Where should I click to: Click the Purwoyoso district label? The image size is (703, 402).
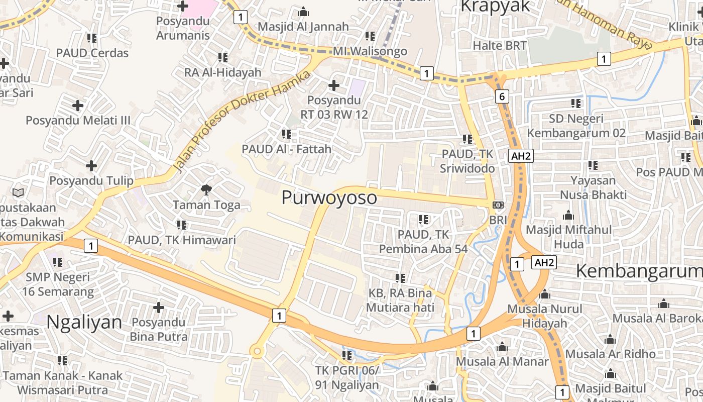coord(329,197)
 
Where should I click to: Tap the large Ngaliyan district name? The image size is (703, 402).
coord(84,322)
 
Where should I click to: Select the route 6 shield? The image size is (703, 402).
coord(502,96)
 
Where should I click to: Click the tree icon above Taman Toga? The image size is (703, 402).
coord(206,189)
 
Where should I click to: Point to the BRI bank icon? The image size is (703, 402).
coord(498,205)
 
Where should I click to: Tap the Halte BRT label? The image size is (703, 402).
coord(500,46)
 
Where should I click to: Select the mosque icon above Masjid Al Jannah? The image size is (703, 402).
coord(303,12)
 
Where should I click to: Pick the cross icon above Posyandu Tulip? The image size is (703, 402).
coord(91,165)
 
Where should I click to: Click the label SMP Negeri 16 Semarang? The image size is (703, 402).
coord(58,284)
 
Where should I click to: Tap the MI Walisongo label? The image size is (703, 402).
coord(370,51)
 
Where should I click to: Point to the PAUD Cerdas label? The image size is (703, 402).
coord(92,53)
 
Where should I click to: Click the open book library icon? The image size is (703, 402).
coord(18,192)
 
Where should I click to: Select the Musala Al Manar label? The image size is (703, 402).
coord(502,361)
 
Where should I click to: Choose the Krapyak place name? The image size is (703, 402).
coord(495,7)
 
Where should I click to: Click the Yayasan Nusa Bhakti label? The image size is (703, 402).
coord(593,187)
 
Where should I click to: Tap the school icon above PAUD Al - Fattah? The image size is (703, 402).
coord(286,134)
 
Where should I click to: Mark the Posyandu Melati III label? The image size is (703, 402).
coord(78,120)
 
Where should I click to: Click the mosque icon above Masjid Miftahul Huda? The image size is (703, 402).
coord(568,216)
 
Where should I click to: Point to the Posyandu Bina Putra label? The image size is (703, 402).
coord(159,329)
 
